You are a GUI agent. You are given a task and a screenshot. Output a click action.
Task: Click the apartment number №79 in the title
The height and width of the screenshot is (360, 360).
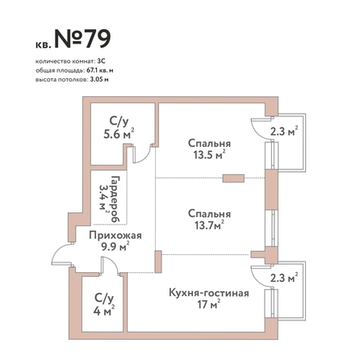[x=82, y=39]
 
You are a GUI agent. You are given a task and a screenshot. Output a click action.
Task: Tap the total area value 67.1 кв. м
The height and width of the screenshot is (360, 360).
[x=100, y=71]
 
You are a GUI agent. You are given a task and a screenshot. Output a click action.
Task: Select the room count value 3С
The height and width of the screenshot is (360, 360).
[x=102, y=61]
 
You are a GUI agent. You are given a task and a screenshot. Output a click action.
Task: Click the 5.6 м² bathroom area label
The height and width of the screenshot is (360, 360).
[x=119, y=133]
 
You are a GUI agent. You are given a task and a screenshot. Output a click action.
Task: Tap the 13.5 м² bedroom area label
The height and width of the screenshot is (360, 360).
[x=209, y=155]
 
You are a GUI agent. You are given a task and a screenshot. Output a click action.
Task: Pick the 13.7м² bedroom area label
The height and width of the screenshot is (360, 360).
[x=209, y=225]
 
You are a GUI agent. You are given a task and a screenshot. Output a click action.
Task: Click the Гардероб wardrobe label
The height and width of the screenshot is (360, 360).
[x=115, y=199]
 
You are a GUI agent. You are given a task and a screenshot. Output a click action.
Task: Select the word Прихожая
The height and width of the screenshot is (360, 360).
[x=115, y=236]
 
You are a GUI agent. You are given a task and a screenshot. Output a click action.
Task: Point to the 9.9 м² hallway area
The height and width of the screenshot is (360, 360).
[x=115, y=246]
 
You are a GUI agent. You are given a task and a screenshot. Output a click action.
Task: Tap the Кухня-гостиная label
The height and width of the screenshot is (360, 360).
[x=209, y=293]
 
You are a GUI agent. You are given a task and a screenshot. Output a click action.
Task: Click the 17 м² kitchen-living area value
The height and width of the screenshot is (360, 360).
[x=209, y=304]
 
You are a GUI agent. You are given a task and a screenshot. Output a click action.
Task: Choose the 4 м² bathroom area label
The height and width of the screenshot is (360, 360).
[x=104, y=311]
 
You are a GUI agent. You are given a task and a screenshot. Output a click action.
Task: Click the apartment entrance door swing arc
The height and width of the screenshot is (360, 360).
[x=57, y=252]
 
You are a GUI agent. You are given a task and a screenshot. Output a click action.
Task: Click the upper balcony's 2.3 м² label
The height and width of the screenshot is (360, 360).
[x=284, y=132]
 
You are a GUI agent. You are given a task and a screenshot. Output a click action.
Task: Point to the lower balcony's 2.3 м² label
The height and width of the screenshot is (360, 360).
[x=284, y=278]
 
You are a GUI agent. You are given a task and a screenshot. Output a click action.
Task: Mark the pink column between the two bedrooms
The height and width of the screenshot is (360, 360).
[x=233, y=178]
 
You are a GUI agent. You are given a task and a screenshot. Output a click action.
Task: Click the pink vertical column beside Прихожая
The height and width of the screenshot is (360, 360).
[x=158, y=262]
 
